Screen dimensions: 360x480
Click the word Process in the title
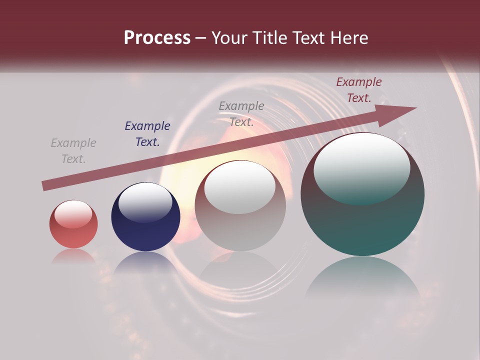coord(157,38)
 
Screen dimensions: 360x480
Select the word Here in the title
coord(348,38)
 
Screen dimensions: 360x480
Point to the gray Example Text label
coord(241,113)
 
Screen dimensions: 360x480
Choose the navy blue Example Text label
coord(147,134)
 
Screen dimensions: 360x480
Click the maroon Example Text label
coord(358,90)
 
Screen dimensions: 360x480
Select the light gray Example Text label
coord(73,151)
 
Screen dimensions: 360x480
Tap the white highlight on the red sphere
coord(73,214)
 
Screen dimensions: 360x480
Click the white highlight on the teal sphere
coord(361,167)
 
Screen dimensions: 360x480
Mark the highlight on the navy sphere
coord(145,201)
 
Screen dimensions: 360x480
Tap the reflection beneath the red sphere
coord(73,256)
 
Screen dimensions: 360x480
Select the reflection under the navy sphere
coord(145,262)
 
